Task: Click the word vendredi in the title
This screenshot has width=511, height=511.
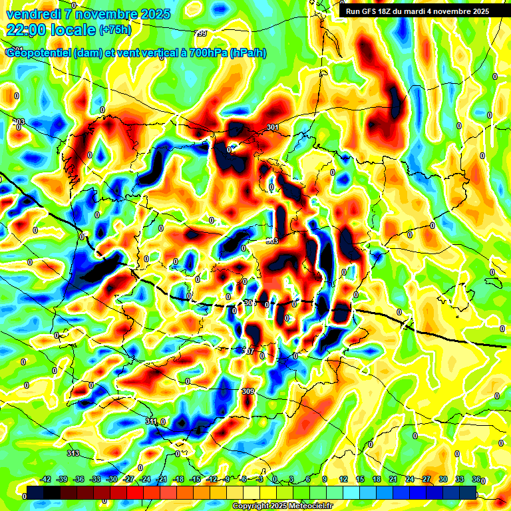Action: point(34,14)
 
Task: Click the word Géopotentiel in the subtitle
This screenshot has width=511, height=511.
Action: point(36,53)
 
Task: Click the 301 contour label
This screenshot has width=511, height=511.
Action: point(272,127)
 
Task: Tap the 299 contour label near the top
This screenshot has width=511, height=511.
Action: point(201,33)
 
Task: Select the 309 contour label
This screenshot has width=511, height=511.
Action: point(249,391)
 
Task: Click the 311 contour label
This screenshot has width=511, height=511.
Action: point(151,421)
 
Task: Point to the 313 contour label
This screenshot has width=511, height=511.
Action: point(73,453)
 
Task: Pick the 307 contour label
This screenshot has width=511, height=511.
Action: point(248,351)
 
